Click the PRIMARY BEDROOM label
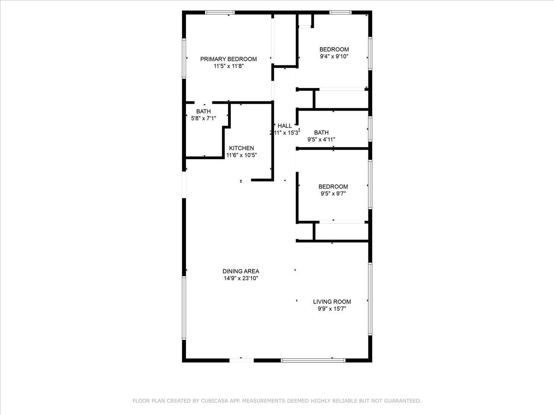pyautogui.click(x=228, y=59)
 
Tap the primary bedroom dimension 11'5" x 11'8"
pyautogui.click(x=228, y=66)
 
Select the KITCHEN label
pyautogui.click(x=241, y=148)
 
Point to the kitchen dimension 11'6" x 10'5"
pyautogui.click(x=241, y=155)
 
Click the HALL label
pyautogui.click(x=284, y=125)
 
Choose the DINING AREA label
pyautogui.click(x=241, y=271)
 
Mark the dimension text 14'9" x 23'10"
pyautogui.click(x=241, y=279)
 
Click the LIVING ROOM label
pyautogui.click(x=332, y=302)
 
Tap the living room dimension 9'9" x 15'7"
pyautogui.click(x=332, y=309)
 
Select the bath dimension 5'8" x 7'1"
pyautogui.click(x=203, y=119)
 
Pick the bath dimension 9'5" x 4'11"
pyautogui.click(x=321, y=139)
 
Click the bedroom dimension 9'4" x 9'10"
pyautogui.click(x=334, y=57)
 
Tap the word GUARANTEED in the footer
pyautogui.click(x=402, y=401)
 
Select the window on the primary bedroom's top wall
pyautogui.click(x=220, y=12)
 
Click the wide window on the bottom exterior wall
pyautogui.click(x=313, y=360)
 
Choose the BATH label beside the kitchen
pyautogui.click(x=203, y=111)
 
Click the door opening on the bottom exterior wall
pyautogui.click(x=241, y=360)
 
